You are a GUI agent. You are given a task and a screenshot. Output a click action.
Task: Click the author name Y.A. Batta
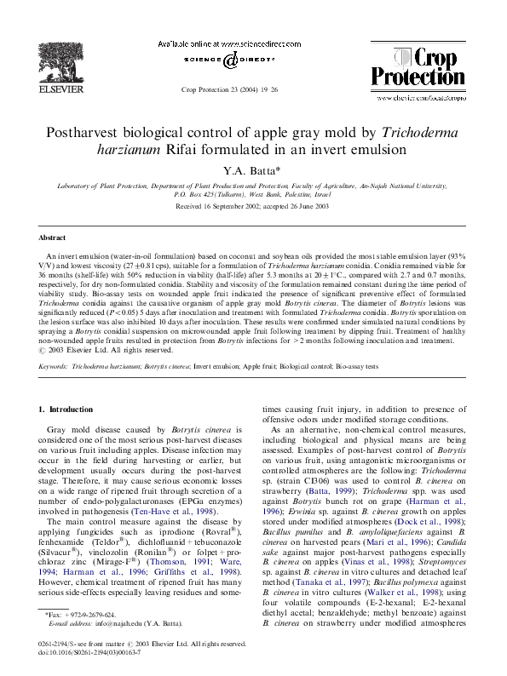click(x=252, y=169)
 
